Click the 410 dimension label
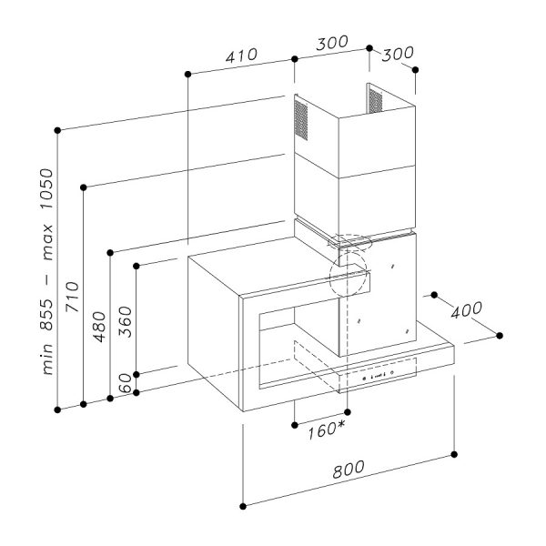tap(241, 56)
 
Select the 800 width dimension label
tap(349, 470)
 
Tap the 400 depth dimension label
tap(467, 310)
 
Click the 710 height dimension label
tap(73, 297)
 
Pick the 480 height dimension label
tap(99, 327)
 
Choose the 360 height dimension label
tap(126, 322)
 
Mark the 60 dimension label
tap(126, 382)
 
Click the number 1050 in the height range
tap(46, 188)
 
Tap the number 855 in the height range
tap(46, 315)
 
